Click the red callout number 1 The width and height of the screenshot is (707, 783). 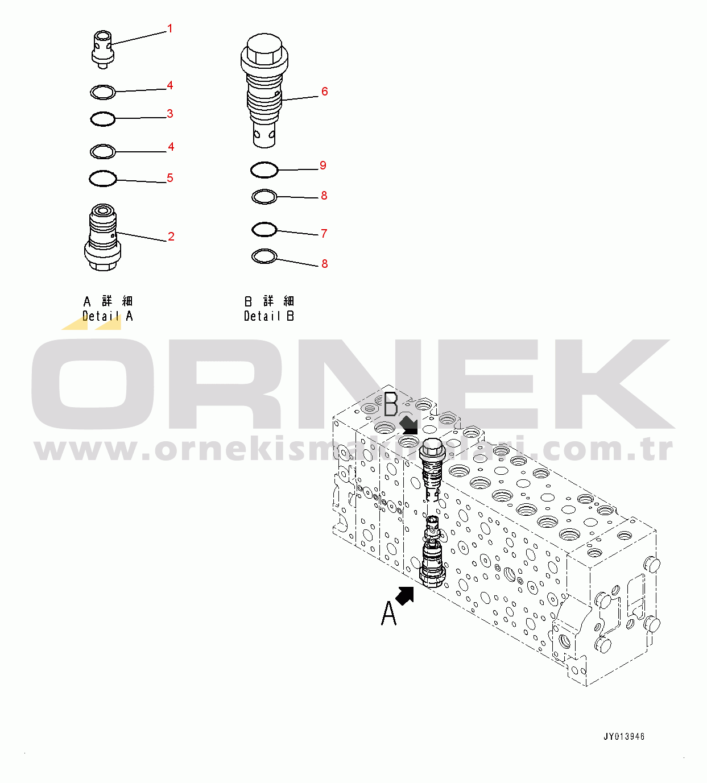coord(169,28)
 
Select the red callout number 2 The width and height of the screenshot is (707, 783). coord(171,237)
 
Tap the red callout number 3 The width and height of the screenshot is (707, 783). coord(169,114)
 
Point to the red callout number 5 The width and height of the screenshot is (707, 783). coord(169,178)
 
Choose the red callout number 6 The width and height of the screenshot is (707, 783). coord(324,92)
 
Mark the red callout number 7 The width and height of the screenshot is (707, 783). coord(324,234)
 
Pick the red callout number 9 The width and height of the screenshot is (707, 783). coord(323,165)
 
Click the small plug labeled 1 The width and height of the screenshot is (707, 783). coord(103,48)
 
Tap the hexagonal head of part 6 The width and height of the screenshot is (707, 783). coord(264,49)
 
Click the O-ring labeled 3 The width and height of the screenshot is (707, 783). coord(103,119)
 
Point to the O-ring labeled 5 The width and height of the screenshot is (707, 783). coord(103,179)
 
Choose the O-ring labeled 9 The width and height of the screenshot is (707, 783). coord(264,169)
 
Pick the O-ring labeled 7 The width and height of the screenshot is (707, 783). coord(264,230)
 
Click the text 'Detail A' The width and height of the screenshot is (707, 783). coord(108,316)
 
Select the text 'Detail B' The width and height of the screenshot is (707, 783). coord(268,316)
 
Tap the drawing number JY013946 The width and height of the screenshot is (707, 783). coord(624,736)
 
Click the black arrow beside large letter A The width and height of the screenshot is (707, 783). coord(405,595)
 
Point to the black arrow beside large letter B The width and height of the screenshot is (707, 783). coord(408,424)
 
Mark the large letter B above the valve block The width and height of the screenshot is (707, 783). coord(391,405)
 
